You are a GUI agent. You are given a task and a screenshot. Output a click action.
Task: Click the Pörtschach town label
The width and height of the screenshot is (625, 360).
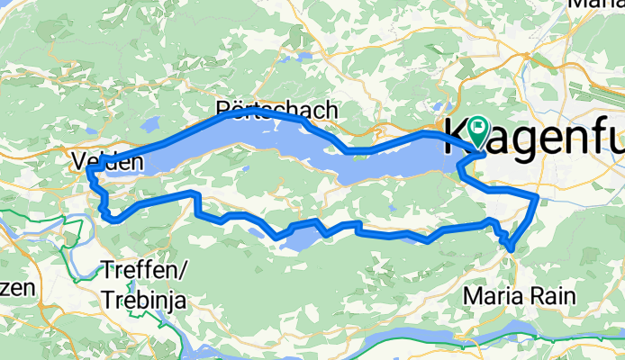pos(277,110)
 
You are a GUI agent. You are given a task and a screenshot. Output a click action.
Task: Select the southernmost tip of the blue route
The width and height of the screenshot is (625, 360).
pos(511,247)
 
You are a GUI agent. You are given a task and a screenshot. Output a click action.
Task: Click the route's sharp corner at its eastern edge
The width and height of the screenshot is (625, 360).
pos(538,195)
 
